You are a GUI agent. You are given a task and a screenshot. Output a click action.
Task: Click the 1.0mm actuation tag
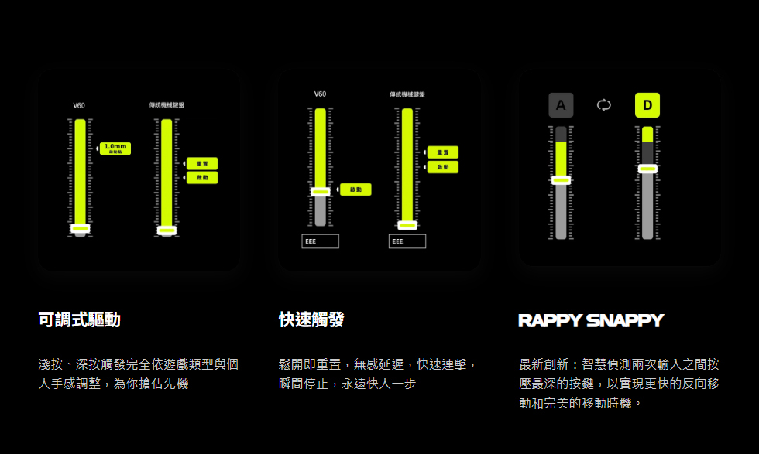click(x=115, y=148)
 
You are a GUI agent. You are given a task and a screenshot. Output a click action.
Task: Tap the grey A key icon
click(x=561, y=105)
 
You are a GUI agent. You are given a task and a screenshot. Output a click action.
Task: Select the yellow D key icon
click(x=647, y=105)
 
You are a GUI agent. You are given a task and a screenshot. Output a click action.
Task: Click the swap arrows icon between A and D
click(x=604, y=105)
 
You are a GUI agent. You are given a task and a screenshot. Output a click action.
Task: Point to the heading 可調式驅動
click(x=79, y=319)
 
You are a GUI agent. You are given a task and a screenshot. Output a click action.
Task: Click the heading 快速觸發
click(x=311, y=319)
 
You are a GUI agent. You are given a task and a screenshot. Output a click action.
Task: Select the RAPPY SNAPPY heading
click(x=590, y=320)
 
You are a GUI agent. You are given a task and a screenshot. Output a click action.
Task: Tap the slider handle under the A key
click(x=562, y=179)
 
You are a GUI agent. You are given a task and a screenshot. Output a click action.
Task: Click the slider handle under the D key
click(x=647, y=168)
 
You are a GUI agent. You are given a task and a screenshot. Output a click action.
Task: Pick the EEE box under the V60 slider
click(x=320, y=241)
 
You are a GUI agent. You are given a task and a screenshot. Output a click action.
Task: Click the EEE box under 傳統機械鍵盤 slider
click(x=407, y=241)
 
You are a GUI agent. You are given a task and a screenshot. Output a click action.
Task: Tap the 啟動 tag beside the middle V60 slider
click(x=355, y=189)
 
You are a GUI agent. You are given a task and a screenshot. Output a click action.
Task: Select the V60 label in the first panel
click(x=79, y=105)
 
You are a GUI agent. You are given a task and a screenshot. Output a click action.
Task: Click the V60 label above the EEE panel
click(x=320, y=94)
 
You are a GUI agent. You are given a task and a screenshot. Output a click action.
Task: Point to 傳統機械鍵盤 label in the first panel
click(x=167, y=104)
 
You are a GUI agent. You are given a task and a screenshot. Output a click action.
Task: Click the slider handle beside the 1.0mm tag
click(x=80, y=227)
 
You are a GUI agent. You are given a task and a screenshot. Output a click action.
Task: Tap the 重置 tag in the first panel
click(x=202, y=163)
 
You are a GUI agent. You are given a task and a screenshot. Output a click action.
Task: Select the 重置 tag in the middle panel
click(x=443, y=152)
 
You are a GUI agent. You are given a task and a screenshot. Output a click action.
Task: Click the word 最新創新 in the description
click(x=544, y=364)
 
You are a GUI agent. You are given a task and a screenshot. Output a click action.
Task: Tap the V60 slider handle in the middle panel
click(x=320, y=191)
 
